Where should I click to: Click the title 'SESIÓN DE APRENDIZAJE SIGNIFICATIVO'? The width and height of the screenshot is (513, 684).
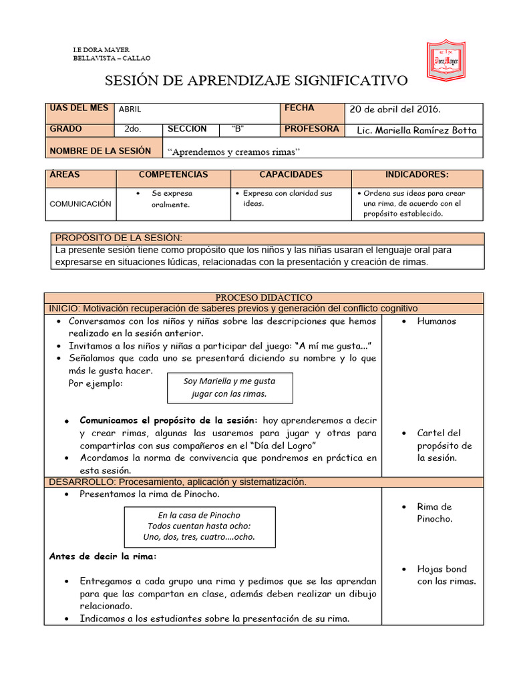(x=256, y=81)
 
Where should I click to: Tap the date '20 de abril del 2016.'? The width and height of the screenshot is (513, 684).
(x=395, y=110)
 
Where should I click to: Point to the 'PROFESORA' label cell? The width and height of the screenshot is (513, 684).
(x=311, y=129)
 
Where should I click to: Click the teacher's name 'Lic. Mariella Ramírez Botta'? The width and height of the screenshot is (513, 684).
(x=417, y=130)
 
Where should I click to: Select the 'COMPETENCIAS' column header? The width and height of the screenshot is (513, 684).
(x=173, y=174)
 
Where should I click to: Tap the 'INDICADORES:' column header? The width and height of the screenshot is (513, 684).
(x=417, y=174)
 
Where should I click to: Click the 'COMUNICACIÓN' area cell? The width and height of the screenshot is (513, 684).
(x=80, y=204)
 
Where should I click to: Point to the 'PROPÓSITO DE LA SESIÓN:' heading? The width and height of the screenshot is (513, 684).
(x=118, y=238)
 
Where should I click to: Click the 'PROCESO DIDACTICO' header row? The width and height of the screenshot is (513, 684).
(x=263, y=297)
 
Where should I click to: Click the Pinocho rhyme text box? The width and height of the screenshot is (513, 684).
(x=199, y=526)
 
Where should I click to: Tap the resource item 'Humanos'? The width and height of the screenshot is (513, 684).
(x=436, y=321)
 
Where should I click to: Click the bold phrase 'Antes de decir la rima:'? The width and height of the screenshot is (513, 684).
(x=103, y=556)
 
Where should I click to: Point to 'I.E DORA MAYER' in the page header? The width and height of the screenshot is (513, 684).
(x=101, y=50)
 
